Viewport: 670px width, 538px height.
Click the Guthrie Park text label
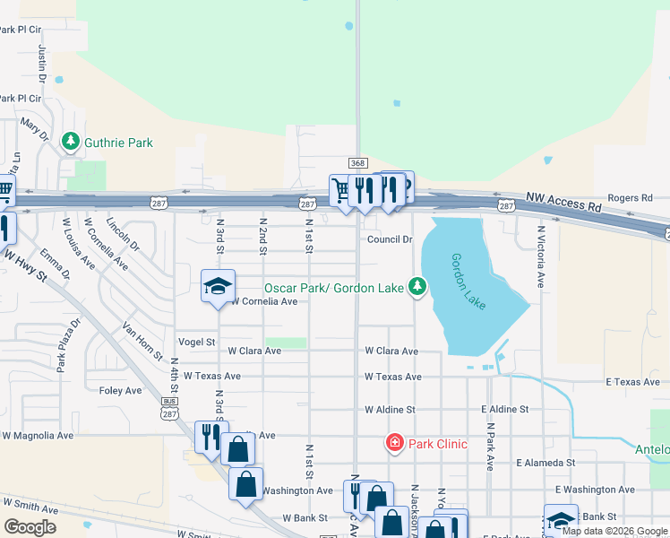click(x=118, y=143)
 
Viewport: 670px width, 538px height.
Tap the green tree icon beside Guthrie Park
click(x=70, y=142)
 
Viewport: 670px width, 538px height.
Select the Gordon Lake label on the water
click(x=468, y=282)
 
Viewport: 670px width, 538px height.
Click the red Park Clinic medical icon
click(x=394, y=443)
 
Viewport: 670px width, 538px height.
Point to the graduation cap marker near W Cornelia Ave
click(x=218, y=287)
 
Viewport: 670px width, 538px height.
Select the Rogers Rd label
click(x=631, y=198)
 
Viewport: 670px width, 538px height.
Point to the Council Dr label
click(x=390, y=239)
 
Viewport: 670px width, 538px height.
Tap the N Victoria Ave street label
click(x=541, y=256)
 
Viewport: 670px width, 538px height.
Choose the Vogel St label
click(x=197, y=342)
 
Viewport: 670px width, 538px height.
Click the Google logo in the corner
click(x=30, y=526)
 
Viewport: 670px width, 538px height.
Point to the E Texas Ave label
click(x=632, y=382)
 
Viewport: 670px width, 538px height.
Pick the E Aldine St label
click(x=504, y=409)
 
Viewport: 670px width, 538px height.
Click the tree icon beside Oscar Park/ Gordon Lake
click(x=417, y=287)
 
